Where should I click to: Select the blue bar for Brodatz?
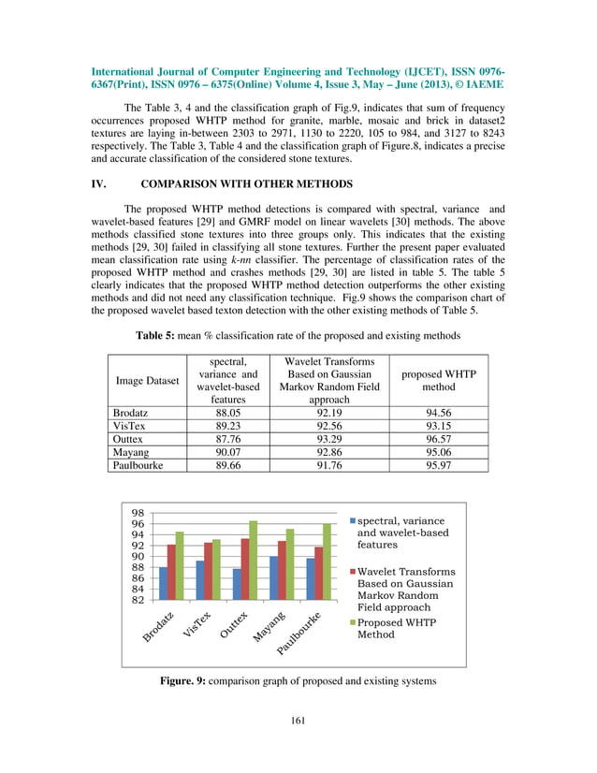coord(163,583)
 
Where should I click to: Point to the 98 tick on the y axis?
coord(138,514)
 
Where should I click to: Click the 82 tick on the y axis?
coord(138,600)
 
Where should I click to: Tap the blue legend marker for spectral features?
coord(352,520)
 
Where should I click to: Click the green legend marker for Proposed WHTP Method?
coord(352,622)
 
